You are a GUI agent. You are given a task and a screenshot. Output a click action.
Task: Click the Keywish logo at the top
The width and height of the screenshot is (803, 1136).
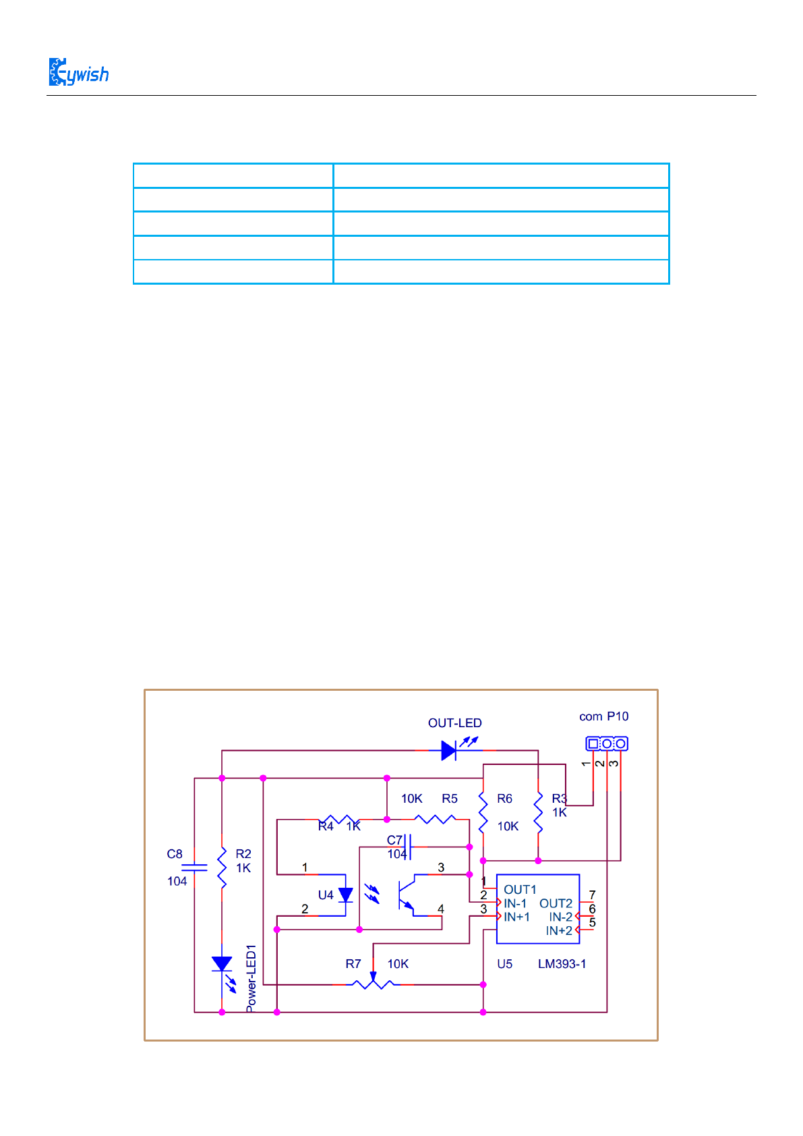pos(78,72)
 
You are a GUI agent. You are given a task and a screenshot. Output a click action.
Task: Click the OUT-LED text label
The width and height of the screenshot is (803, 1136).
pos(454,723)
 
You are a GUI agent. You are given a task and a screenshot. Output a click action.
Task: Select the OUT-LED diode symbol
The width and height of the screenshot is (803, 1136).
pos(449,750)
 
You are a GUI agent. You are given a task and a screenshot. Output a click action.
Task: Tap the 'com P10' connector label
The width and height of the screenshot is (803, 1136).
pos(603,716)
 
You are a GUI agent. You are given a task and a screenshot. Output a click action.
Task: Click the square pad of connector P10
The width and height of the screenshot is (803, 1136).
pos(593,743)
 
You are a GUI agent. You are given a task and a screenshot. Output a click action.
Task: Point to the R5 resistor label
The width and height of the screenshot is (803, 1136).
pos(450,799)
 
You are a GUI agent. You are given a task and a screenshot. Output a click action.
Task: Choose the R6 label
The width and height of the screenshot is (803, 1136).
pos(504,799)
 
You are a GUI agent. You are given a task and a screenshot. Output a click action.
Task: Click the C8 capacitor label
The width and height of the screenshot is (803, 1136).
pos(175,854)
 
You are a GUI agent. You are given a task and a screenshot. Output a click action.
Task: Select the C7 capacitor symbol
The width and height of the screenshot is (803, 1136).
pos(407,847)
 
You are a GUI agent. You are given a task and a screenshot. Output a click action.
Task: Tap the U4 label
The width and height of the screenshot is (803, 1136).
pos(326,895)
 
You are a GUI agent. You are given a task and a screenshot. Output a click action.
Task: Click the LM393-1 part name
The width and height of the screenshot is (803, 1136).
pos(562,964)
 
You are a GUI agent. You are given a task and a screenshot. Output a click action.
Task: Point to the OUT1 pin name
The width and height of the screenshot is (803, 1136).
pos(520,890)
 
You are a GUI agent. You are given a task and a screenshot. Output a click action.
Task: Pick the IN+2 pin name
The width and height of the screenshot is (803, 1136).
pos(559,931)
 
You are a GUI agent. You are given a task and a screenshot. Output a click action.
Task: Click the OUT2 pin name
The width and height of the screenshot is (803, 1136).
pos(556,903)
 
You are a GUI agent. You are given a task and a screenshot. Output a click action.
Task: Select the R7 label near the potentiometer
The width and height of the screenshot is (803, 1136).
pos(353,964)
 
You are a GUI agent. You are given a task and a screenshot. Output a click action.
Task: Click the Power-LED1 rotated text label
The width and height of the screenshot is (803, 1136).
pos(251,978)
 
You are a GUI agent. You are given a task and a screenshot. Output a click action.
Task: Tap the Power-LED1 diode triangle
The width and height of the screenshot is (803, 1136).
pos(222,964)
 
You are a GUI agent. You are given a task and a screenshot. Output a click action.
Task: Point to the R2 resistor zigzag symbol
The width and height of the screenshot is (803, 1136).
pos(222,868)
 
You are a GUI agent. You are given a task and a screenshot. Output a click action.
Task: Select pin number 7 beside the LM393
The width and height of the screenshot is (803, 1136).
pos(592,895)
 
